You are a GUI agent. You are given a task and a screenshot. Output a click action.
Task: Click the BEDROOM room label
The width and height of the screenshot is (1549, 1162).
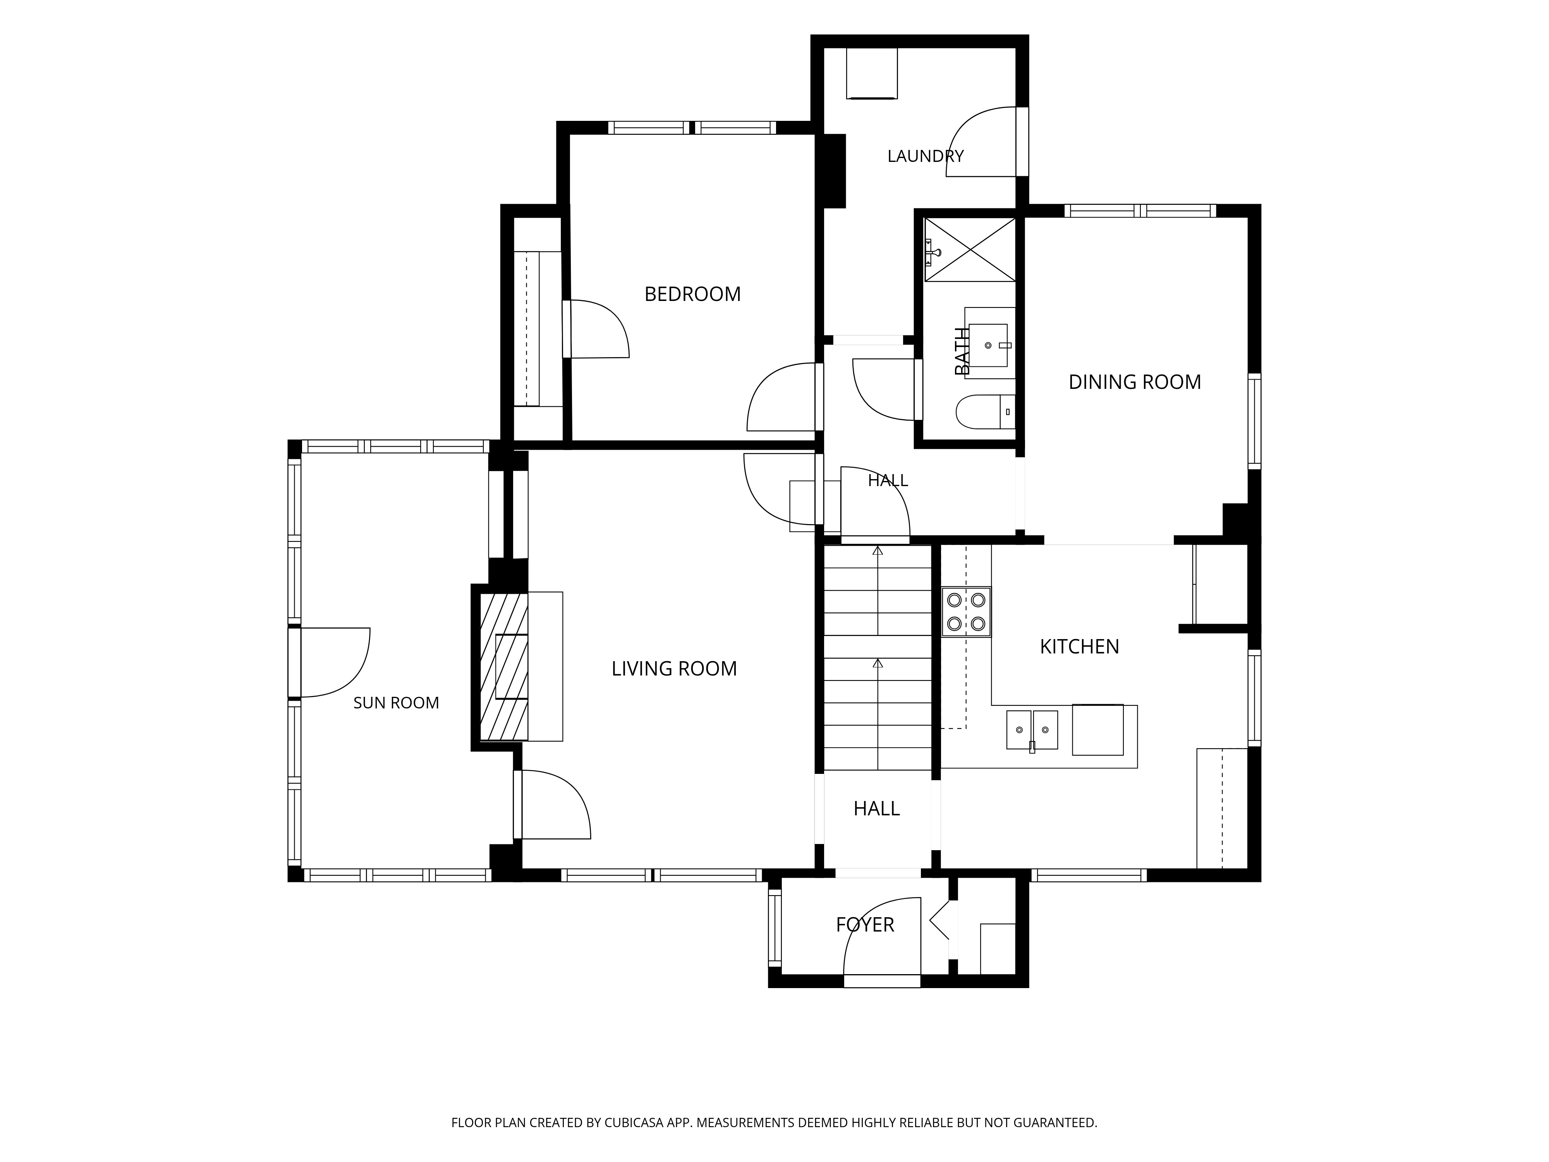pyautogui.click(x=692, y=294)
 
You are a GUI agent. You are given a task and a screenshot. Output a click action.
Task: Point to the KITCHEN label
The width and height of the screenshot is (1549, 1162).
pyautogui.click(x=1079, y=646)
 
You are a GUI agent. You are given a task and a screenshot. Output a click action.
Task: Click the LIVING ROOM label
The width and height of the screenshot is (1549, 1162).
pyautogui.click(x=674, y=669)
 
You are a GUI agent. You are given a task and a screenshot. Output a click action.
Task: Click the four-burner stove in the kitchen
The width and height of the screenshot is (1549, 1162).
pyautogui.click(x=966, y=612)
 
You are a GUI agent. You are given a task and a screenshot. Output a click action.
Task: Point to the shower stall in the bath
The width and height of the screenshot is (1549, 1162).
pyautogui.click(x=970, y=249)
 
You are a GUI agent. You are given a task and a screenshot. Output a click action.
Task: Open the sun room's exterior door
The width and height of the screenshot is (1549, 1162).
pyautogui.click(x=329, y=663)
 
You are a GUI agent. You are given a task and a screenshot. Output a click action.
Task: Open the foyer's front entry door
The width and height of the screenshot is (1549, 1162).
pyautogui.click(x=882, y=942)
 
